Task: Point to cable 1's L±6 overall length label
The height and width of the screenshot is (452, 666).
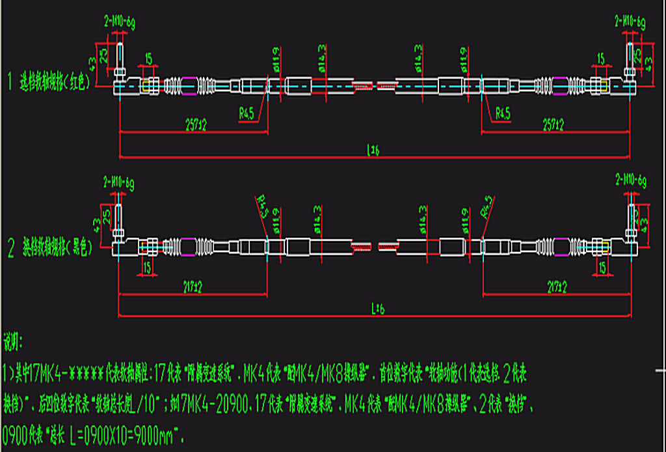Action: click(373, 151)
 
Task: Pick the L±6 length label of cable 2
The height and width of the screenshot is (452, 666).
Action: click(377, 310)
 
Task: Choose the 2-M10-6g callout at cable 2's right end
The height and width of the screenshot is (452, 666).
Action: click(630, 180)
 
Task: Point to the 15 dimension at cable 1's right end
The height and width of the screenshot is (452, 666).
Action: click(600, 59)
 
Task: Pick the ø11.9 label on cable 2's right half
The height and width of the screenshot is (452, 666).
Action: click(464, 219)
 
